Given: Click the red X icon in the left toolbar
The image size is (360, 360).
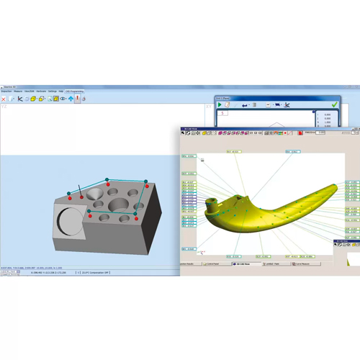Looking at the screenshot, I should [4, 99].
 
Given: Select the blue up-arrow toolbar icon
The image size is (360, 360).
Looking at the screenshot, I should [70, 99].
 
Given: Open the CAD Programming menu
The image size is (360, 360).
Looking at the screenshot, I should [75, 91].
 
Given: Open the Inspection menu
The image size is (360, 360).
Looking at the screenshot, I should [6, 91].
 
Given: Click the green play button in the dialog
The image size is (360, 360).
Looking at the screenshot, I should [220, 105].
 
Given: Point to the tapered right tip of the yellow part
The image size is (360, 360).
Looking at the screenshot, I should [336, 188].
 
